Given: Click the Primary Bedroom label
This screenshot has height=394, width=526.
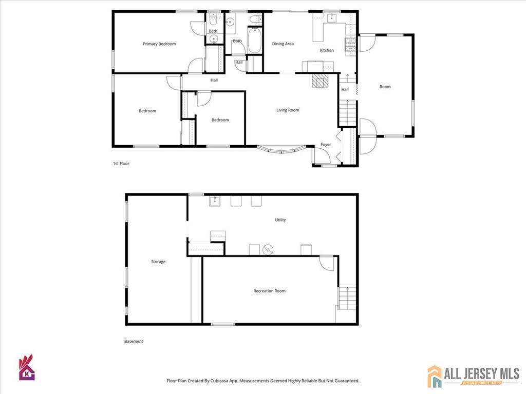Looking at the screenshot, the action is [159, 44].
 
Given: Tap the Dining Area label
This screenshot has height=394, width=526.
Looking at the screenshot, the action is [283, 44].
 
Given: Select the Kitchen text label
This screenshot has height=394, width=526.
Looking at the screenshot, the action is [327, 50].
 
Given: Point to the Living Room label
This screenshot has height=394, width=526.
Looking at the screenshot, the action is [288, 110].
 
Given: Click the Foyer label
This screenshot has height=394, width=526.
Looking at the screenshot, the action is [326, 144].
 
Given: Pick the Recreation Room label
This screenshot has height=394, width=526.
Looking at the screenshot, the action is [269, 291].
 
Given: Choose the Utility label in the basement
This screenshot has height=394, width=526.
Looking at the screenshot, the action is [280, 220].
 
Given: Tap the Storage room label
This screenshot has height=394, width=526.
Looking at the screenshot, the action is [158, 262].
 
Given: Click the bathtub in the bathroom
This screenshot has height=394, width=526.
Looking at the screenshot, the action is [254, 40].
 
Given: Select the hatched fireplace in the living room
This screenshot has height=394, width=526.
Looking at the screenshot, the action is [320, 81].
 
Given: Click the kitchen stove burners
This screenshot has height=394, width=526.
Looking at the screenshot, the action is [350, 46].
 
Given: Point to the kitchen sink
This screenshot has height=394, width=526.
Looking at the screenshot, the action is [331, 18].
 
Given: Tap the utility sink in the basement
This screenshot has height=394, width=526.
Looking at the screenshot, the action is [215, 201].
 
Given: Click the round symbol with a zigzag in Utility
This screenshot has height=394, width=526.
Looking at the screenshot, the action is [268, 250].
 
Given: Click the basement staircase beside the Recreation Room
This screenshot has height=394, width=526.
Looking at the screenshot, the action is [347, 298].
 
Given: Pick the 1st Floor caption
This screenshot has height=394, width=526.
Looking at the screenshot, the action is [121, 164].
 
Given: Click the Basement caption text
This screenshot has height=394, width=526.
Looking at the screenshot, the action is [134, 341].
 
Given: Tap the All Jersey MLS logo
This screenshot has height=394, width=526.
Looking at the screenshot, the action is [473, 376].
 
